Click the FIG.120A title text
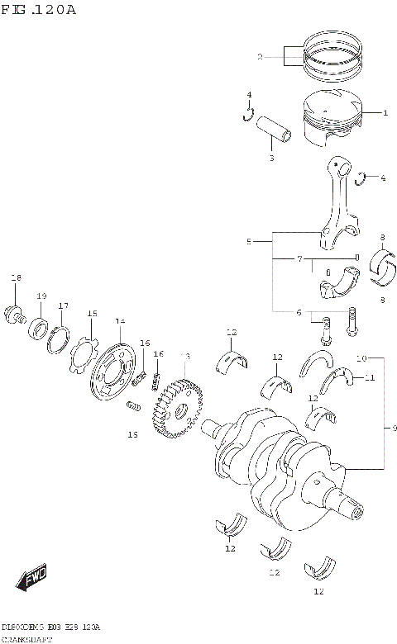click(x=39, y=10)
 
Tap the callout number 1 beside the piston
click(x=385, y=111)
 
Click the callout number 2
click(x=259, y=57)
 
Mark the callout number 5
click(x=248, y=242)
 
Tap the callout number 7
click(x=299, y=259)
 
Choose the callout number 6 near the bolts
click(x=299, y=312)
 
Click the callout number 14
click(x=120, y=321)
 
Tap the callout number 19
click(x=41, y=296)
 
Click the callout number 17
click(x=63, y=306)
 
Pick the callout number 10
click(x=361, y=358)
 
